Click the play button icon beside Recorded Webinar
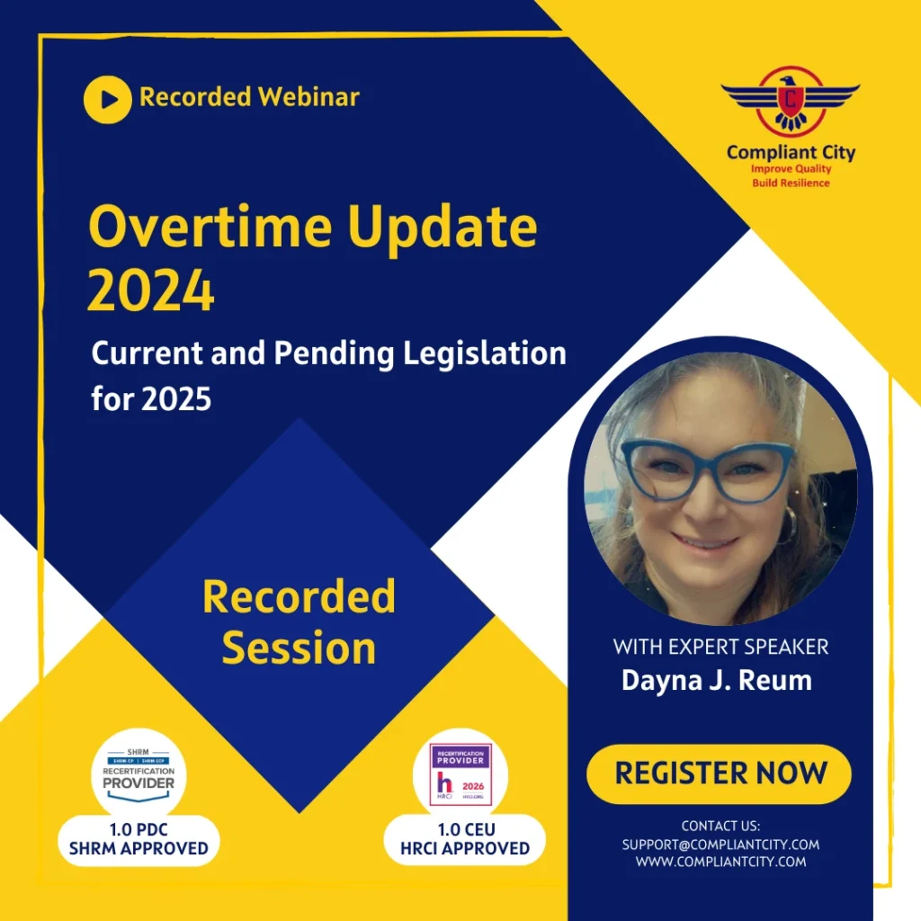[108, 99]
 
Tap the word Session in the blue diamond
[299, 648]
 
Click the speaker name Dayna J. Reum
[716, 680]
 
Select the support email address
[720, 845]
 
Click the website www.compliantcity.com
[720, 862]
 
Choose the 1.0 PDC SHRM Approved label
[139, 840]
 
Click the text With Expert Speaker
[720, 646]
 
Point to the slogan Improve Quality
[791, 169]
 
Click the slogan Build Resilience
[791, 183]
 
